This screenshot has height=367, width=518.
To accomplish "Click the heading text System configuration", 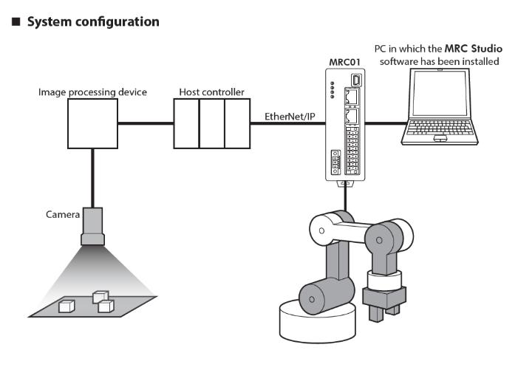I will pos(92,21).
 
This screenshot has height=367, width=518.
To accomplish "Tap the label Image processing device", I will pos(93,92).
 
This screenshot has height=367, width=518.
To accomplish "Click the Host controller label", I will pos(211,92).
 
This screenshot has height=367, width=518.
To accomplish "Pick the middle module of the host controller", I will pos(211,124).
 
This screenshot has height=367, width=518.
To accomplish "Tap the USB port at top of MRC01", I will pos(356,79).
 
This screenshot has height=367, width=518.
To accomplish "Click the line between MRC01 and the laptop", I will pos(384,125).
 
